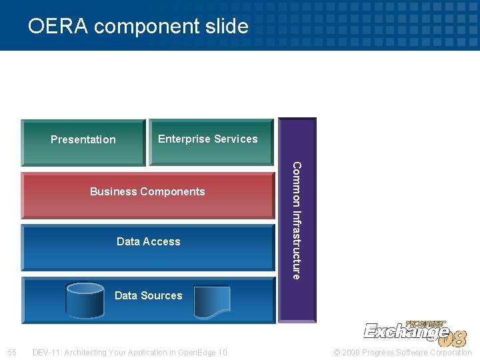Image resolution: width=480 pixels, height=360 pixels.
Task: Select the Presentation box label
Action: point(83,139)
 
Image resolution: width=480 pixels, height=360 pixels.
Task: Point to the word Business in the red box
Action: point(113,191)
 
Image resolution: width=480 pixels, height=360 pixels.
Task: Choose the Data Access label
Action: point(148,241)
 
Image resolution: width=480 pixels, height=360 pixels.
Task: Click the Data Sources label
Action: point(148,295)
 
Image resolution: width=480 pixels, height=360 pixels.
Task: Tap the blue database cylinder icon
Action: point(85,301)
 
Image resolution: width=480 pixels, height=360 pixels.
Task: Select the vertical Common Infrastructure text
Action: point(297,220)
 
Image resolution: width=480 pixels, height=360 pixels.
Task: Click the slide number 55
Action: point(12,352)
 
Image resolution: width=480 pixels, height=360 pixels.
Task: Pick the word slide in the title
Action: point(227,26)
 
